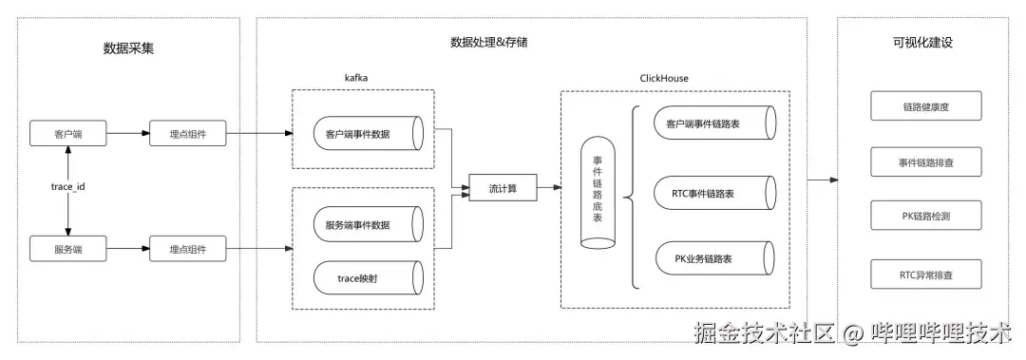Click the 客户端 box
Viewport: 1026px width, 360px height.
pos(68,134)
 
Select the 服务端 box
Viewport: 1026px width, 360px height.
pos(68,250)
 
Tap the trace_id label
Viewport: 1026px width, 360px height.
pos(68,187)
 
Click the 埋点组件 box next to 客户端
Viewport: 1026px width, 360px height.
pos(187,134)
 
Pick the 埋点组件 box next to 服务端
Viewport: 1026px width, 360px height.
pos(187,250)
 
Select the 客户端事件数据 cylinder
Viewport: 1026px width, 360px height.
pos(364,134)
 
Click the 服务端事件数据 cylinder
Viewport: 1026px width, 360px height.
pos(364,224)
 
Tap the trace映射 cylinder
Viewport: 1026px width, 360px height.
pos(364,276)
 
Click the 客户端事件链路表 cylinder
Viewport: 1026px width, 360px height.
pos(712,123)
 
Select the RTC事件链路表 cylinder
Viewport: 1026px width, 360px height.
pos(712,193)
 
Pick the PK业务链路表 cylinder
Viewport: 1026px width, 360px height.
pos(712,258)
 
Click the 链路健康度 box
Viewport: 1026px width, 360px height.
pos(925,106)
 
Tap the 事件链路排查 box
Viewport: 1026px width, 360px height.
pos(925,162)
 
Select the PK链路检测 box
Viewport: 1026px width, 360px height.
pos(925,217)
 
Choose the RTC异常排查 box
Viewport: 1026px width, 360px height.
pos(925,275)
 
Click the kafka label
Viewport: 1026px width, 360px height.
pos(357,77)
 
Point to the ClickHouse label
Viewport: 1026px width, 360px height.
pos(664,77)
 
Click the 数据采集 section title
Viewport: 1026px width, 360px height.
pos(128,47)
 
